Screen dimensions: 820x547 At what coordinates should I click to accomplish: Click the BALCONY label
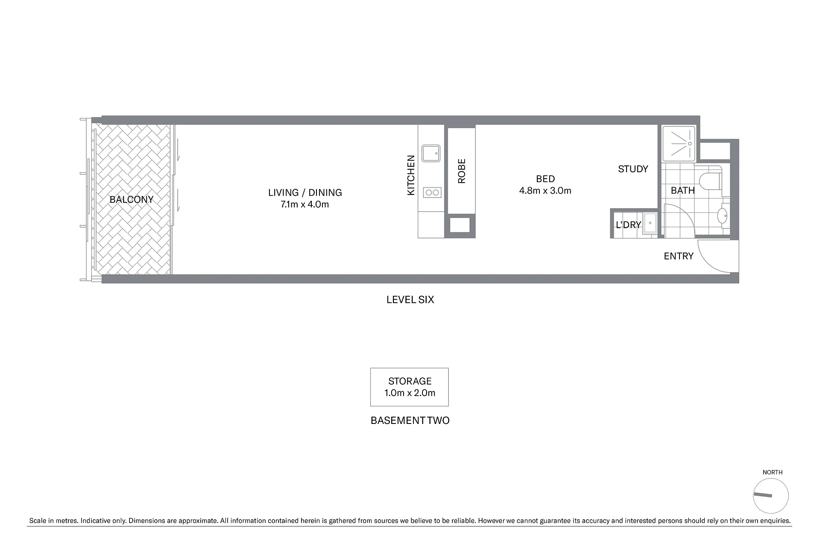132,200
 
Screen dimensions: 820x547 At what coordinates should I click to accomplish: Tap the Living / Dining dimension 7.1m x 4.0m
305,204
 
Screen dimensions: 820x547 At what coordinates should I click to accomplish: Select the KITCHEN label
411,175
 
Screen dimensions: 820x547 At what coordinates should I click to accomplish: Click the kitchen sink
431,153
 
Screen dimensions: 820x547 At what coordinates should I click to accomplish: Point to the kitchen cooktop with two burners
432,193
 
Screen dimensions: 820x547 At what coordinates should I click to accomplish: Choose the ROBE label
462,171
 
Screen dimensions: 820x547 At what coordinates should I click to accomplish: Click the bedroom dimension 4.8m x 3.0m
545,191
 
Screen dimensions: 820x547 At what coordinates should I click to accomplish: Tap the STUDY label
633,169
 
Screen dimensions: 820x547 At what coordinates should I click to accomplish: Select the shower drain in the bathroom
690,144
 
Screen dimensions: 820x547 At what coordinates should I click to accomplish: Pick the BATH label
682,191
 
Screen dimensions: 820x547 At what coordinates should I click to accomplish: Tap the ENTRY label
679,256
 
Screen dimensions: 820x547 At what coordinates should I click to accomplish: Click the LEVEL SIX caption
410,300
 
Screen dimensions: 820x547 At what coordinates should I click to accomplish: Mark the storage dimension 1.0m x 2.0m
410,393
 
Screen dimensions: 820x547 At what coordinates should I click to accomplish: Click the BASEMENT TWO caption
410,421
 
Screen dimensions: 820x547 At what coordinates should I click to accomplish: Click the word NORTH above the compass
773,472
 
